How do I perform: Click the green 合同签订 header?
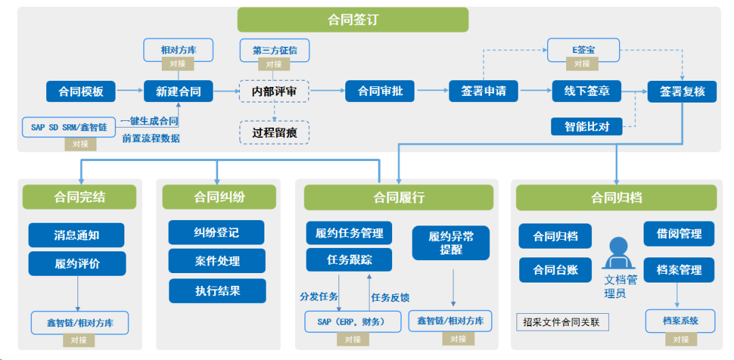click(353, 20)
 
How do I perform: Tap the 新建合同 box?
click(178, 91)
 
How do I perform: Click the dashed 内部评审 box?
click(274, 91)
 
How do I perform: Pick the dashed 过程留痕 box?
click(274, 132)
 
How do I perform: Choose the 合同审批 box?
click(380, 91)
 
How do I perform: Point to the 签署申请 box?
click(483, 91)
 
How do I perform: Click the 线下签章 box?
click(586, 91)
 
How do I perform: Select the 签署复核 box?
click(682, 91)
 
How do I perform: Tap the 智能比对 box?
click(587, 126)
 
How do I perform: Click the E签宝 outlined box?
click(583, 50)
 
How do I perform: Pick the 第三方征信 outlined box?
click(274, 50)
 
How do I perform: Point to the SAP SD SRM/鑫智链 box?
click(71, 126)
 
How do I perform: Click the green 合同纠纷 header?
click(219, 197)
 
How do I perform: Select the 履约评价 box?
click(77, 264)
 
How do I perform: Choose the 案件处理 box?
click(217, 261)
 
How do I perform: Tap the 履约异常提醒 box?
click(451, 243)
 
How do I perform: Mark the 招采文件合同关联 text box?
click(562, 322)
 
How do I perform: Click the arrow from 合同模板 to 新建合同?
click(128, 91)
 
